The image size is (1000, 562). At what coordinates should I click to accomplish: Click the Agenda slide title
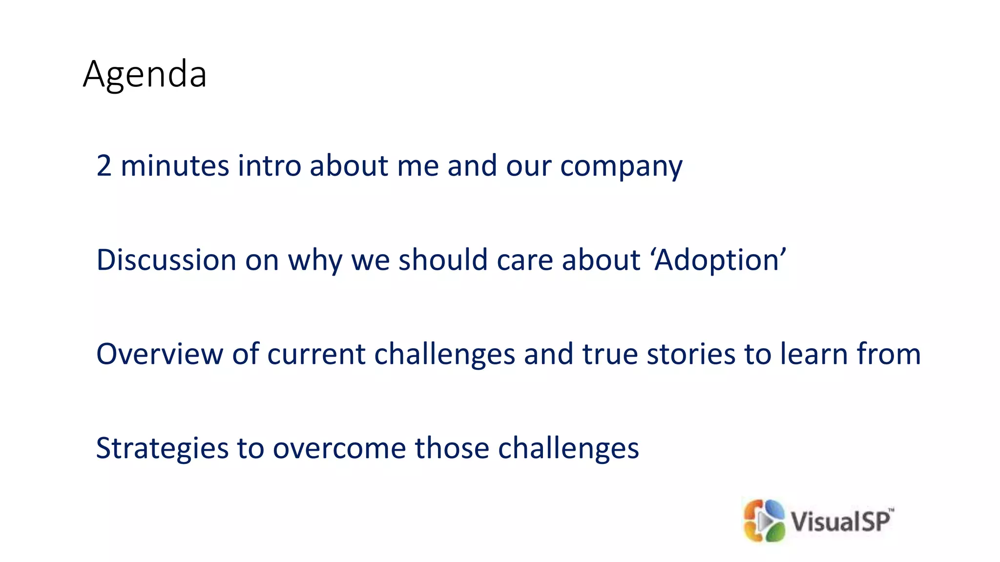point(145,74)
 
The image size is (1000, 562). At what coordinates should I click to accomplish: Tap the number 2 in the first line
point(104,166)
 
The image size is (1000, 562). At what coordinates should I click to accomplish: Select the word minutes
point(175,166)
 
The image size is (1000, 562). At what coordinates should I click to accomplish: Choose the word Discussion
point(167,260)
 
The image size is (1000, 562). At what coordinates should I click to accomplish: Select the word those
point(452,448)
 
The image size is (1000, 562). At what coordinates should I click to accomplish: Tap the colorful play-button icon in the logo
point(764,521)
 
